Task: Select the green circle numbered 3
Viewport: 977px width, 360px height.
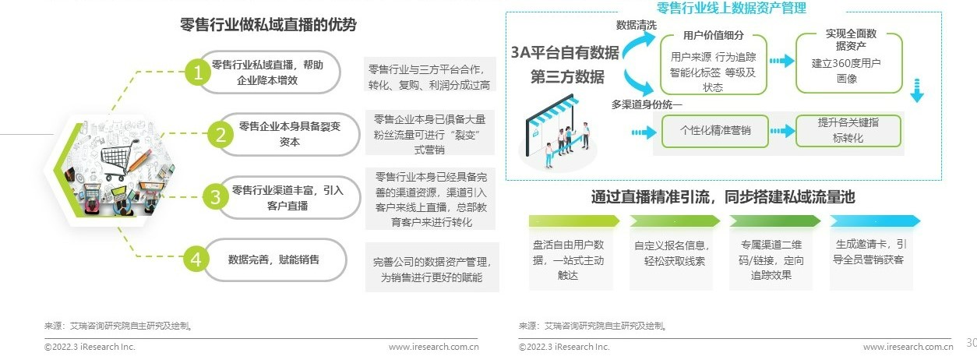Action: click(215, 197)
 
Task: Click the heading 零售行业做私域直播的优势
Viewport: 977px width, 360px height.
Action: click(268, 25)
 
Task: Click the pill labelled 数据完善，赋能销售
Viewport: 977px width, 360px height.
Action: click(273, 259)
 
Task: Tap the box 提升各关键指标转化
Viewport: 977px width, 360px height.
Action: click(848, 131)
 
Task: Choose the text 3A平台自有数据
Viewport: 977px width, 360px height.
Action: click(565, 53)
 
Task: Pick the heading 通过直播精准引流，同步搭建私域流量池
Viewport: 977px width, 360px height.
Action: click(722, 197)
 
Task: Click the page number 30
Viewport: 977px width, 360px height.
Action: click(971, 342)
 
